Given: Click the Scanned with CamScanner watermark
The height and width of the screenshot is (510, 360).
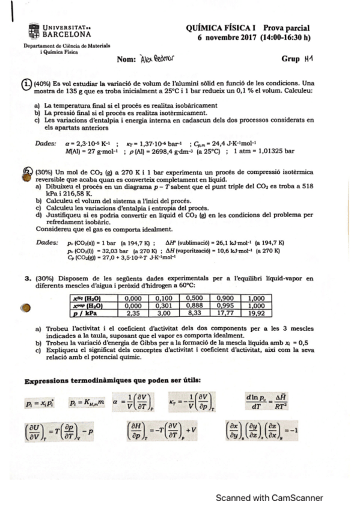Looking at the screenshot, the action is pyautogui.click(x=269, y=497).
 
